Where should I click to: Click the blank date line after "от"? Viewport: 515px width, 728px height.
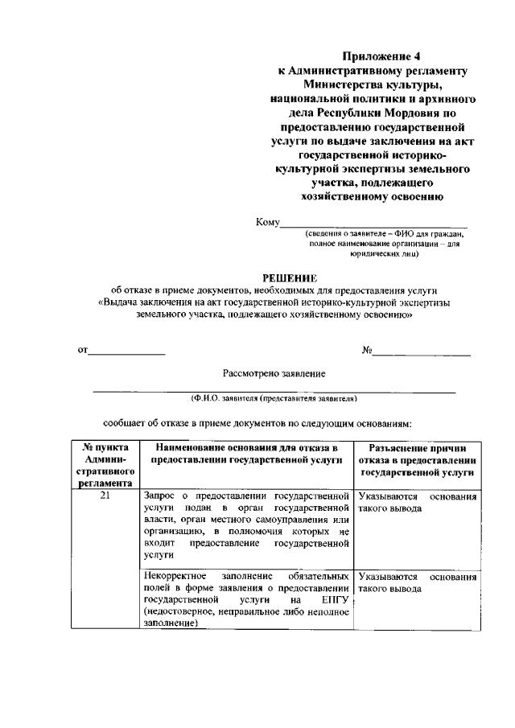(126, 352)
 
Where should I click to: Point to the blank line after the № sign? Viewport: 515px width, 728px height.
(422, 352)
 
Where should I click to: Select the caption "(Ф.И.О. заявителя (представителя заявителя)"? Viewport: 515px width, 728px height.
(274, 398)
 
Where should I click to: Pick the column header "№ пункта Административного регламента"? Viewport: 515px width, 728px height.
(106, 465)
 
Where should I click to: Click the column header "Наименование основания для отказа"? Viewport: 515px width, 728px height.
(246, 453)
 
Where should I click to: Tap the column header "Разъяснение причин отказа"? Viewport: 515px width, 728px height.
(417, 459)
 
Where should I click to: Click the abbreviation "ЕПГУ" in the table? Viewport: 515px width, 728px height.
(333, 599)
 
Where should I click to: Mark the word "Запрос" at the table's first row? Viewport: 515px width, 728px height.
(163, 496)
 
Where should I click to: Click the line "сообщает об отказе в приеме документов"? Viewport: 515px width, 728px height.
(257, 422)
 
